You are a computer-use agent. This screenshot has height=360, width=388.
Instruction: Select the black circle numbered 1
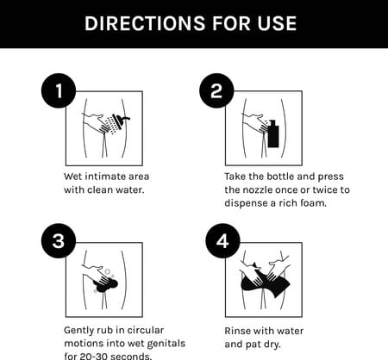tap(59, 90)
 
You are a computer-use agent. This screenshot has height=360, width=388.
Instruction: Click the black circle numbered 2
tap(216, 90)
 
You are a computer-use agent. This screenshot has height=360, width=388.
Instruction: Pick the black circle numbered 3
tap(59, 240)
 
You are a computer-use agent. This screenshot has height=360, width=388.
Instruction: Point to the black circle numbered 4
tap(222, 240)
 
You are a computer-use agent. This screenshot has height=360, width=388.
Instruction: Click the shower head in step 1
tap(121, 119)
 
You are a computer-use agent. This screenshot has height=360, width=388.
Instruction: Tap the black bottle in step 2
tap(273, 133)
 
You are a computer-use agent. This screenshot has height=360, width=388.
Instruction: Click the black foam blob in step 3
tap(105, 284)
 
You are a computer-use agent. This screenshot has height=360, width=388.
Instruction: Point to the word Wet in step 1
tap(73, 177)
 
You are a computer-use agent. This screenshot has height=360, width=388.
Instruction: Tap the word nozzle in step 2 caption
tap(258, 189)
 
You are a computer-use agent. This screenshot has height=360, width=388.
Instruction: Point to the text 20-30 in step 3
tap(85, 357)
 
